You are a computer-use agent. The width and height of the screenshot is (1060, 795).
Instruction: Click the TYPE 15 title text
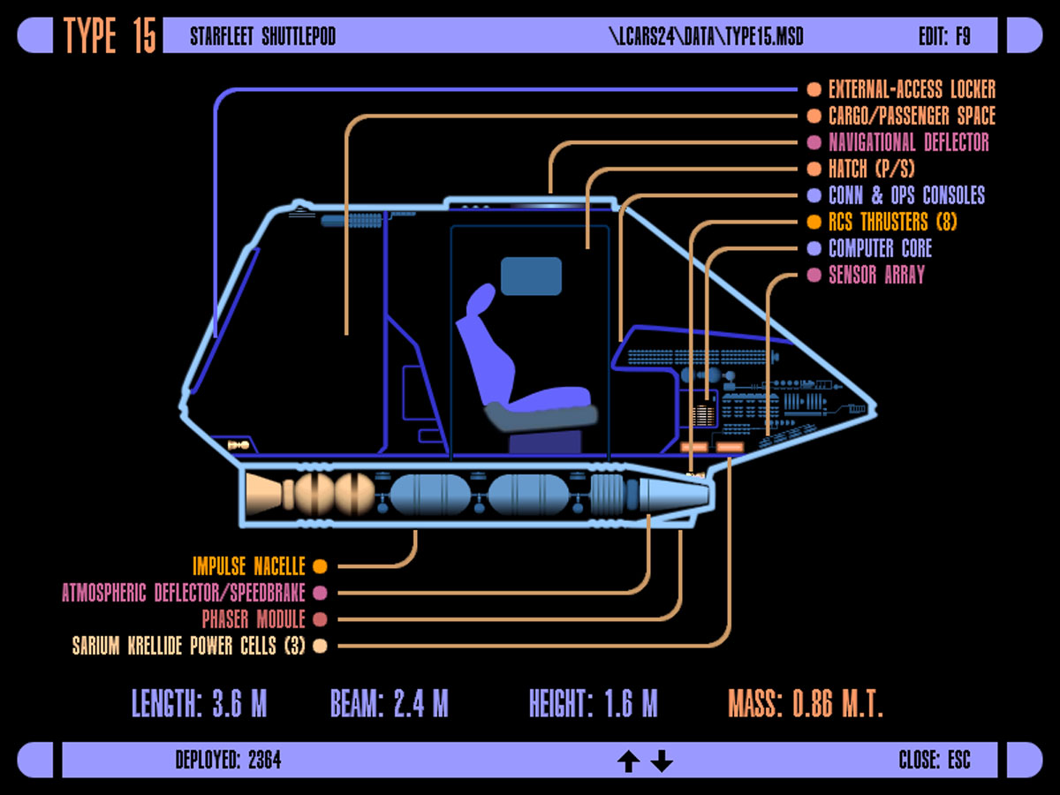pyautogui.click(x=110, y=36)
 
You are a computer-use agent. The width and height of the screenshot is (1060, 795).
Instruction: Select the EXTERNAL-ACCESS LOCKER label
pyautogui.click(x=912, y=89)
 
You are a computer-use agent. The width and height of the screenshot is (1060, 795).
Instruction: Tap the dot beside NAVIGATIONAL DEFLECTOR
pyautogui.click(x=814, y=142)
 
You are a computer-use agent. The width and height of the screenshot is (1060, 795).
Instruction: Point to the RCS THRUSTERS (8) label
pyautogui.click(x=892, y=222)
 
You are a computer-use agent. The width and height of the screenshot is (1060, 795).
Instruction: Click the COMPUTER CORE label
pyautogui.click(x=880, y=248)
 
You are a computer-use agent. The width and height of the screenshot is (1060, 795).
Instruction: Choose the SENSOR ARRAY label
pyautogui.click(x=876, y=275)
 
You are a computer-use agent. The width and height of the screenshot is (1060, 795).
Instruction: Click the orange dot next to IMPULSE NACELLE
pyautogui.click(x=320, y=566)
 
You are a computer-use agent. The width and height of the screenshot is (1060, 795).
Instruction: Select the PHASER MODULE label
pyautogui.click(x=254, y=619)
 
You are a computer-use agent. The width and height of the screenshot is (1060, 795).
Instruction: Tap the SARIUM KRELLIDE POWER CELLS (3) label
pyautogui.click(x=188, y=646)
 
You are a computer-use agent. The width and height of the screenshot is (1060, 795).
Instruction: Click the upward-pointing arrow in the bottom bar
pyautogui.click(x=628, y=761)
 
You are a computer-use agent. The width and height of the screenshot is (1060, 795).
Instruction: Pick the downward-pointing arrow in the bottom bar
pyautogui.click(x=662, y=761)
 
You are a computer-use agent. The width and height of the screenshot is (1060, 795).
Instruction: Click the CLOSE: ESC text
pyautogui.click(x=934, y=760)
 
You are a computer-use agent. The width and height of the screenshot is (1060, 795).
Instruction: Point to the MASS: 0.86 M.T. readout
pyautogui.click(x=806, y=704)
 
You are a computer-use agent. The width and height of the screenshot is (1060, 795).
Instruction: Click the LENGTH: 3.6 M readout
pyautogui.click(x=199, y=704)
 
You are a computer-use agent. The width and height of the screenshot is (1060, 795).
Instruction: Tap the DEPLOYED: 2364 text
pyautogui.click(x=228, y=760)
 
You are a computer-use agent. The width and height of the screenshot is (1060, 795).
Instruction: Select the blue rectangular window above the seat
pyautogui.click(x=531, y=276)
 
